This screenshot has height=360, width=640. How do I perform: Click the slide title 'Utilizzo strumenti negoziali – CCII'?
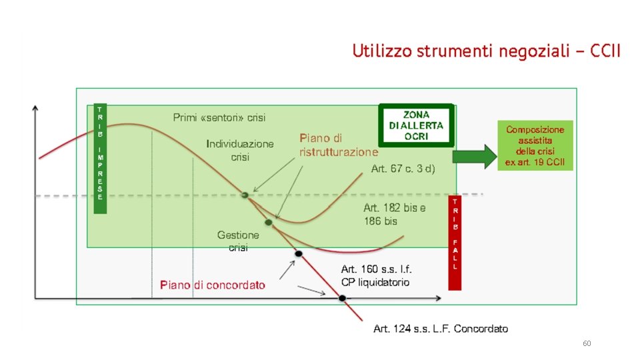coord(486,51)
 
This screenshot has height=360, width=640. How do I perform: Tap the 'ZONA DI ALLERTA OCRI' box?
coord(417,125)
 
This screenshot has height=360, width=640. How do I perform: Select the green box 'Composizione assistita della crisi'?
coord(535,146)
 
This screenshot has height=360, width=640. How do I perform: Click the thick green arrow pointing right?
coord(474,157)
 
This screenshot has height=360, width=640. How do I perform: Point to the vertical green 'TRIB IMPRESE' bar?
coord(99,158)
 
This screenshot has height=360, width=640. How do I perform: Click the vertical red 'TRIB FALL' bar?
coord(455,243)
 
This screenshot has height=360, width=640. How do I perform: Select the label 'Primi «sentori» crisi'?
coord(219,118)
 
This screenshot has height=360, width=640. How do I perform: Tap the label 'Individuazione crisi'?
coord(240,151)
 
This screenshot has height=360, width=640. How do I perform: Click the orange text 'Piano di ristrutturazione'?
coord(338,145)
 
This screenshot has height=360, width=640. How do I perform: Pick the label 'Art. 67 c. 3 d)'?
coord(403,169)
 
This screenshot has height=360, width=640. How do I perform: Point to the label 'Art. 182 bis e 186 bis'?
coord(395,214)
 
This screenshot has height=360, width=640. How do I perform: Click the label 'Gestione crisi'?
coord(238,241)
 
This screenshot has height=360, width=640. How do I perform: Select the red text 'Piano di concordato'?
coord(212,285)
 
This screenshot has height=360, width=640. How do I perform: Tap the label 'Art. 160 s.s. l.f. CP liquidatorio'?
coord(376,276)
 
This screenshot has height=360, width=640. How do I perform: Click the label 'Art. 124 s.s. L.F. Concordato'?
coord(440,329)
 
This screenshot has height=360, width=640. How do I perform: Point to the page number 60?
coord(587,343)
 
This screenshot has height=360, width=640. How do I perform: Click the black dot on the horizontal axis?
coord(342,298)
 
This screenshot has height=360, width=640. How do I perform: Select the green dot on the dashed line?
coord(245,195)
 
